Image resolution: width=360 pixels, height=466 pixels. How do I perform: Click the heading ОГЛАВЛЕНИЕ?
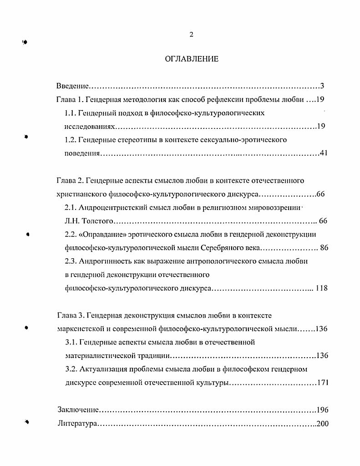click(191, 59)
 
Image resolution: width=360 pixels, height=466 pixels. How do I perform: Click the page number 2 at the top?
click(192, 35)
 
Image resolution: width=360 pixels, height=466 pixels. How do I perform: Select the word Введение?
click(72, 86)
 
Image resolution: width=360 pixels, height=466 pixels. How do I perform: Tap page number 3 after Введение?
click(322, 86)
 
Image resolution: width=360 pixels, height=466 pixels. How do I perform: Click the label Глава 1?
click(69, 99)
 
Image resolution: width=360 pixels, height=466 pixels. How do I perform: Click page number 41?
click(324, 154)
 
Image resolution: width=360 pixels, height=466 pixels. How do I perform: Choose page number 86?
click(324, 248)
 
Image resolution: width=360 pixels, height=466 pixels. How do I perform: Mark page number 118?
click(321, 288)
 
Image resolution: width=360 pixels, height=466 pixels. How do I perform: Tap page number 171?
click(322, 383)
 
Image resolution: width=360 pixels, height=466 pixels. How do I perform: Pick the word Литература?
click(76, 424)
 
